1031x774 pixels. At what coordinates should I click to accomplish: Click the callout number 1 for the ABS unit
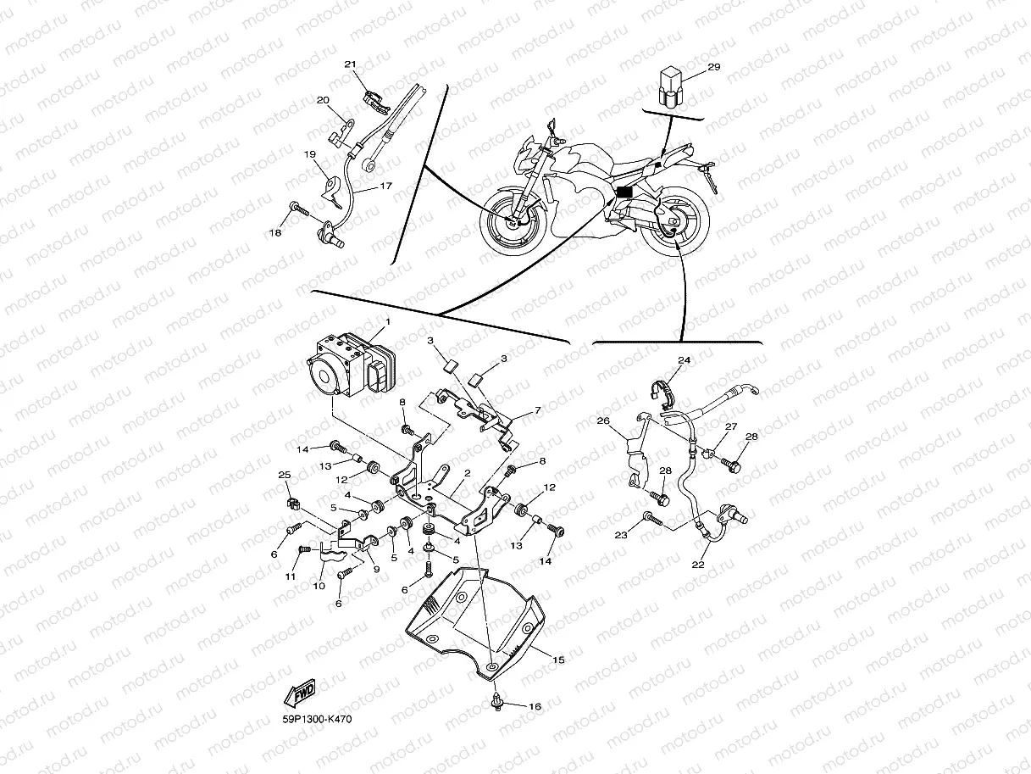tap(388, 322)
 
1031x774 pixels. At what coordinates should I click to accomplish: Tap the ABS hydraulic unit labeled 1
tap(342, 368)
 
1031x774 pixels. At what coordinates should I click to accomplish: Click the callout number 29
tap(713, 67)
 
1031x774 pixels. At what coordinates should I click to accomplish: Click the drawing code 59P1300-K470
tap(317, 719)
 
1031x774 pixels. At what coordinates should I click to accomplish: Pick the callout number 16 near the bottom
tap(535, 706)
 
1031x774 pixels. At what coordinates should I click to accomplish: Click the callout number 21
tap(351, 65)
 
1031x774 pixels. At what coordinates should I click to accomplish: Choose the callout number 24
tap(685, 360)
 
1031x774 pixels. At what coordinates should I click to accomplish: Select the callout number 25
tap(284, 475)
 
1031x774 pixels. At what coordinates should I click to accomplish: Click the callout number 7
tap(536, 410)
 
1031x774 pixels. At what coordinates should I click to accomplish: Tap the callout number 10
tap(320, 586)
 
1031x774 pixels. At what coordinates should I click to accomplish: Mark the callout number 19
tap(310, 154)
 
